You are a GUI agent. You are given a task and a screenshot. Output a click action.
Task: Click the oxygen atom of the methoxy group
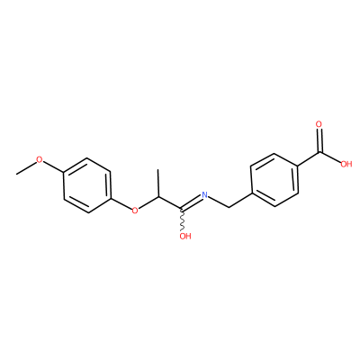point(40,159)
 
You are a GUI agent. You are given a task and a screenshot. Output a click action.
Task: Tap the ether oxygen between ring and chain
point(135,211)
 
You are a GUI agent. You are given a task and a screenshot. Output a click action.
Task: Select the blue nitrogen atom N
point(204,194)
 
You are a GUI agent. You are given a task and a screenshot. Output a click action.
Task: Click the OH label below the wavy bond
point(185,237)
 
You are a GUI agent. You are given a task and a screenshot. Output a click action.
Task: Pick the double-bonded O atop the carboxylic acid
point(319,124)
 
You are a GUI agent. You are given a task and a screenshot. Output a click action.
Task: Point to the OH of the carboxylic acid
point(346,164)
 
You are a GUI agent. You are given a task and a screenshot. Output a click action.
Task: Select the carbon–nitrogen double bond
point(191,202)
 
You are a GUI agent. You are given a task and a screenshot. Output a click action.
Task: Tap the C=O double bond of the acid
point(319,140)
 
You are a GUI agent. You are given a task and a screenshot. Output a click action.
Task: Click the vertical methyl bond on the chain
point(158,183)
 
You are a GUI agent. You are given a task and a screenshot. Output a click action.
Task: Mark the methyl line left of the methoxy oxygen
point(26,168)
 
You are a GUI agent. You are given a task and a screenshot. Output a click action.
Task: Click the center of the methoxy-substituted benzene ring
point(87,185)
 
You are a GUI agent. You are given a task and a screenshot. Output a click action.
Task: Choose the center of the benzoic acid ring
point(274,180)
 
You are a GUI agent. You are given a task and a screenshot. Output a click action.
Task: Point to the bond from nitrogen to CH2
point(219,202)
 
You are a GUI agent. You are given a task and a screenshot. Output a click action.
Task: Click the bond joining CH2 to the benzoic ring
point(239,201)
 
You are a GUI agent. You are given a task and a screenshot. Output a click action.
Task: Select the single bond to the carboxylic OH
point(329,157)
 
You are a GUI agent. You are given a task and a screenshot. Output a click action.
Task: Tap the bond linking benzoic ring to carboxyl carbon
point(309,158)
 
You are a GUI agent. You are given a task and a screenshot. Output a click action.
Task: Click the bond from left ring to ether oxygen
point(121,203)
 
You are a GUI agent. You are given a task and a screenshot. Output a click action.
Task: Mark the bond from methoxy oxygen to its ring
point(53,166)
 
